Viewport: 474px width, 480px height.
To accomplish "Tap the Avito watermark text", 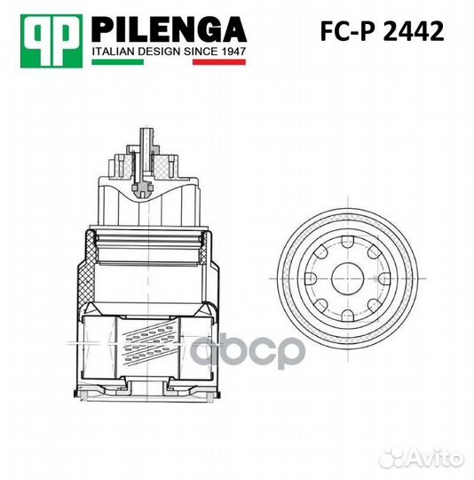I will coord(435,456).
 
